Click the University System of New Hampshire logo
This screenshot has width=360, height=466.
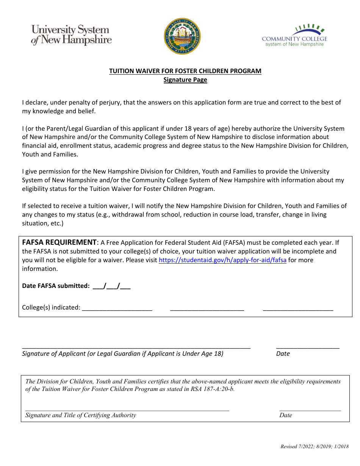71,35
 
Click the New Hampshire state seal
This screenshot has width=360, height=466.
182,36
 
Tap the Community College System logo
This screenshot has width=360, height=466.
294,36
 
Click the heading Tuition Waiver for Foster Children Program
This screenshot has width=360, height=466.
185,71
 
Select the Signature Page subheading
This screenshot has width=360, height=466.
185,80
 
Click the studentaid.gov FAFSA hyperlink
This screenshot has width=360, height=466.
222,260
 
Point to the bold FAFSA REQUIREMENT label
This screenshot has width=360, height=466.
59,242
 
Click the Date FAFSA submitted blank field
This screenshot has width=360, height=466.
111,286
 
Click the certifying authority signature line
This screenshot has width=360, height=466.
127,409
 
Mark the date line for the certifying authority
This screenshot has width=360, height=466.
310,409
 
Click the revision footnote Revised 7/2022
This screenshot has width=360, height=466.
314,447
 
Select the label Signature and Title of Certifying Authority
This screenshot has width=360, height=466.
81,415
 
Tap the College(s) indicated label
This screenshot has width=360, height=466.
51,307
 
